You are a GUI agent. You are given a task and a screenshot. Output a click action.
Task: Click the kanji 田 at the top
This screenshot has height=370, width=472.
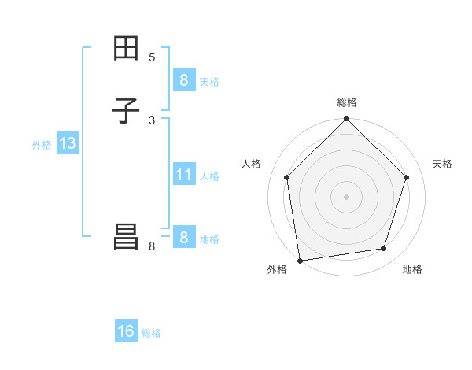(x=126, y=49)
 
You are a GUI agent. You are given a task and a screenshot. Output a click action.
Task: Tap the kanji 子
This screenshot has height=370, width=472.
(x=126, y=111)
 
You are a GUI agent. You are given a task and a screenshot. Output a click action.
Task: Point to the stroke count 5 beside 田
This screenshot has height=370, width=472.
(x=152, y=57)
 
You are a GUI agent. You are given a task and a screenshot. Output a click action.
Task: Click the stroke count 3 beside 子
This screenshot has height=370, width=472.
(x=152, y=120)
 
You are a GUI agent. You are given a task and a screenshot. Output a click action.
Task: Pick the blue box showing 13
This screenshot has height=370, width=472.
(x=67, y=144)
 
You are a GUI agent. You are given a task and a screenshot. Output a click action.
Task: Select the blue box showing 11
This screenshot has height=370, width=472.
(x=183, y=175)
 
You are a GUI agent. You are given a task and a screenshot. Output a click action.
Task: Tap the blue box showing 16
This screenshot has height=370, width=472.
(x=126, y=332)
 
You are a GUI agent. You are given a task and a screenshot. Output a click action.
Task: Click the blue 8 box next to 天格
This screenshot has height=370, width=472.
(x=183, y=80)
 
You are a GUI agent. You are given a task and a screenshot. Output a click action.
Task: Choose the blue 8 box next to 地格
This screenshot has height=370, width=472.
(x=183, y=238)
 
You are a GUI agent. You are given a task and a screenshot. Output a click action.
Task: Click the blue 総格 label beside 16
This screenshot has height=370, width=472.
(x=151, y=333)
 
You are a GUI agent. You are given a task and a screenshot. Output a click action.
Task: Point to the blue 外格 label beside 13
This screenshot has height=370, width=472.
(x=42, y=145)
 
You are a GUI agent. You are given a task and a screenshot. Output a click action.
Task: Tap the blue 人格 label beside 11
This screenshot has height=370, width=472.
(x=209, y=176)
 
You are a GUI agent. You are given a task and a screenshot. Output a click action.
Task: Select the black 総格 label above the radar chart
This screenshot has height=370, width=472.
(x=346, y=102)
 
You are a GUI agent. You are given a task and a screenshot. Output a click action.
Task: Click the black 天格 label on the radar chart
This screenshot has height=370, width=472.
(x=443, y=164)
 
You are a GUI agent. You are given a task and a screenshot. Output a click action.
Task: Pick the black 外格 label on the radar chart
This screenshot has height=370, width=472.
(x=277, y=270)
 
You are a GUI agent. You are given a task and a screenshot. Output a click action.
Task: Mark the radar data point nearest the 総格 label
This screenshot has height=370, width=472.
(x=346, y=120)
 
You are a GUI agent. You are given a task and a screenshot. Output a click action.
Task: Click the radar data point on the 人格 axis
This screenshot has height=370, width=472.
(x=287, y=177)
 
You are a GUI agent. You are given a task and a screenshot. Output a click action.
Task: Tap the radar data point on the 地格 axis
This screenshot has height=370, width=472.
(x=384, y=249)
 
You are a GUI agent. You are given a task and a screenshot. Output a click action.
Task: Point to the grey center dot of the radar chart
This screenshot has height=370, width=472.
(x=346, y=196)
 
